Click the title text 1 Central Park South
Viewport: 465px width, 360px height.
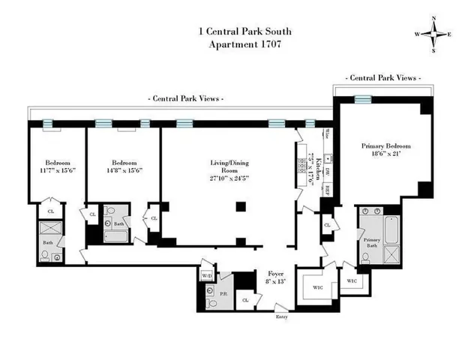(x=232, y=31)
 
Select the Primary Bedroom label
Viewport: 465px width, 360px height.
(x=382, y=146)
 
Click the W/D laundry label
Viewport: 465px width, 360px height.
(x=207, y=274)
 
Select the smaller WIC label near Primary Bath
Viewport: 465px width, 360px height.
(x=353, y=280)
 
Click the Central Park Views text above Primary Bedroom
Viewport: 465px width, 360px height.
(x=382, y=78)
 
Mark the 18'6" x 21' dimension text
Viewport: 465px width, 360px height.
(x=382, y=155)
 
